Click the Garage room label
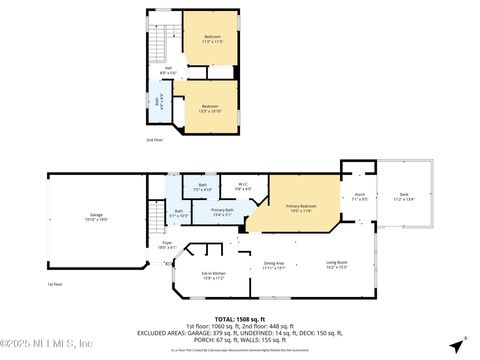click(x=96, y=215)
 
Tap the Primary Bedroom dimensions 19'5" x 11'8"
click(x=301, y=211)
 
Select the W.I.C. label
click(x=243, y=184)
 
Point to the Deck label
click(x=404, y=194)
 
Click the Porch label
click(x=360, y=194)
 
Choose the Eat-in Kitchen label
click(x=213, y=273)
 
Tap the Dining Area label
click(x=274, y=263)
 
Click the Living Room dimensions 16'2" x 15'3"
click(x=337, y=267)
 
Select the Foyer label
click(x=167, y=243)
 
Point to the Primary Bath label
click(x=222, y=210)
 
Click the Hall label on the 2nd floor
click(x=168, y=68)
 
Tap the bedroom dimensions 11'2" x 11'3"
click(x=212, y=41)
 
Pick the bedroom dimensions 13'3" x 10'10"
click(x=210, y=111)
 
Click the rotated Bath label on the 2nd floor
click(x=157, y=101)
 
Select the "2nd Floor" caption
click(x=154, y=140)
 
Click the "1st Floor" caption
click(x=55, y=284)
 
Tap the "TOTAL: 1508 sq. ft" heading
click(x=240, y=319)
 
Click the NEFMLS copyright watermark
click(x=46, y=343)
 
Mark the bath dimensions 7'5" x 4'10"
click(x=202, y=190)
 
